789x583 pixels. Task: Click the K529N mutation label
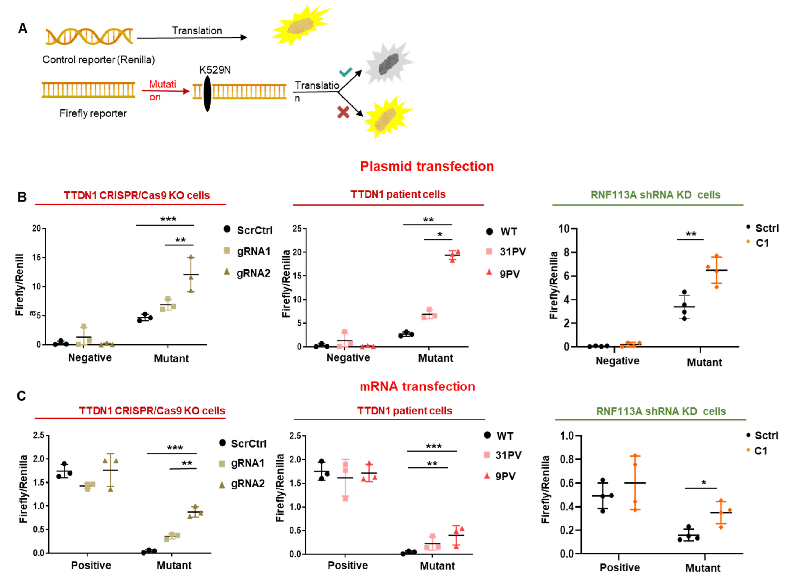[215, 70]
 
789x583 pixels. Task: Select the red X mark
[343, 113]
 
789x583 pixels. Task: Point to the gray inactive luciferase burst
[388, 64]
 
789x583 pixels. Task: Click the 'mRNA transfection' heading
[417, 386]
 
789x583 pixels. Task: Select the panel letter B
[22, 197]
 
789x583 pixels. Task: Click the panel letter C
[21, 396]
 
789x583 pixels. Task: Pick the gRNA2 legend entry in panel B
[247, 273]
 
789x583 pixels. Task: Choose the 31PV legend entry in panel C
[503, 455]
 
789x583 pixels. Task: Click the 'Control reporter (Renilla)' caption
[98, 60]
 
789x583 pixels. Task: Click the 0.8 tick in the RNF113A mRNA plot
[566, 459]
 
